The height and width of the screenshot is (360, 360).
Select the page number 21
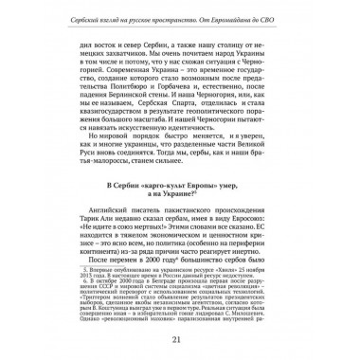[179, 339]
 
